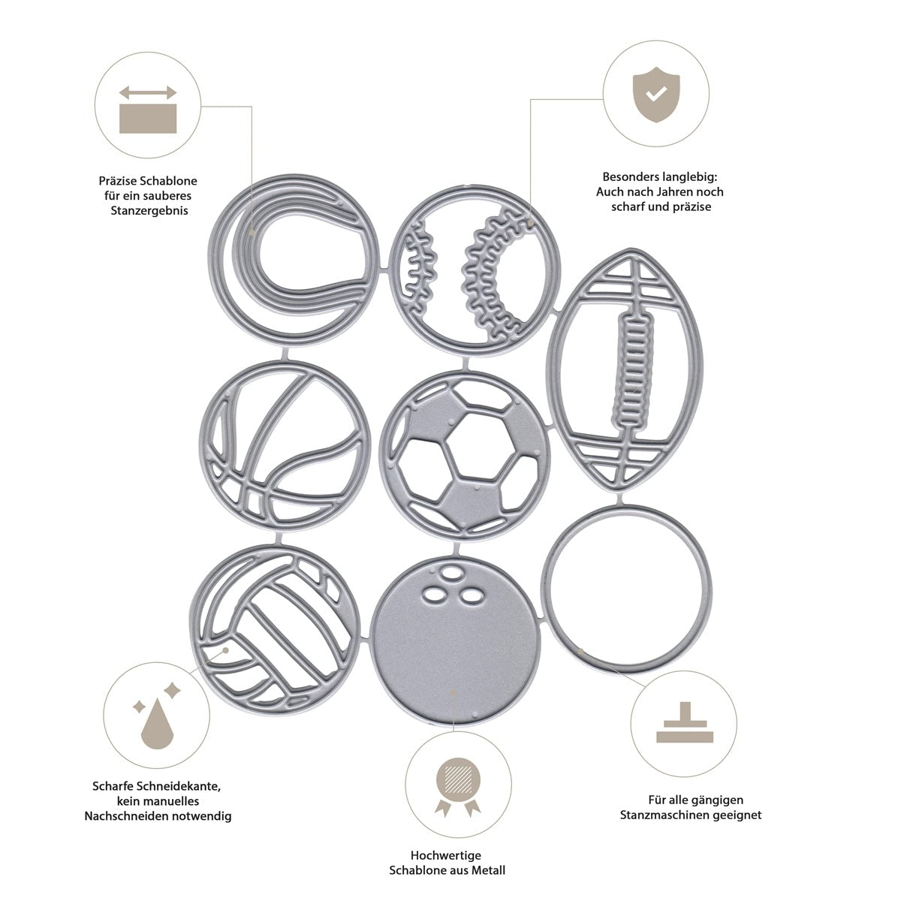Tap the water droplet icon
click(x=154, y=724)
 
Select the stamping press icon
click(x=683, y=725)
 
